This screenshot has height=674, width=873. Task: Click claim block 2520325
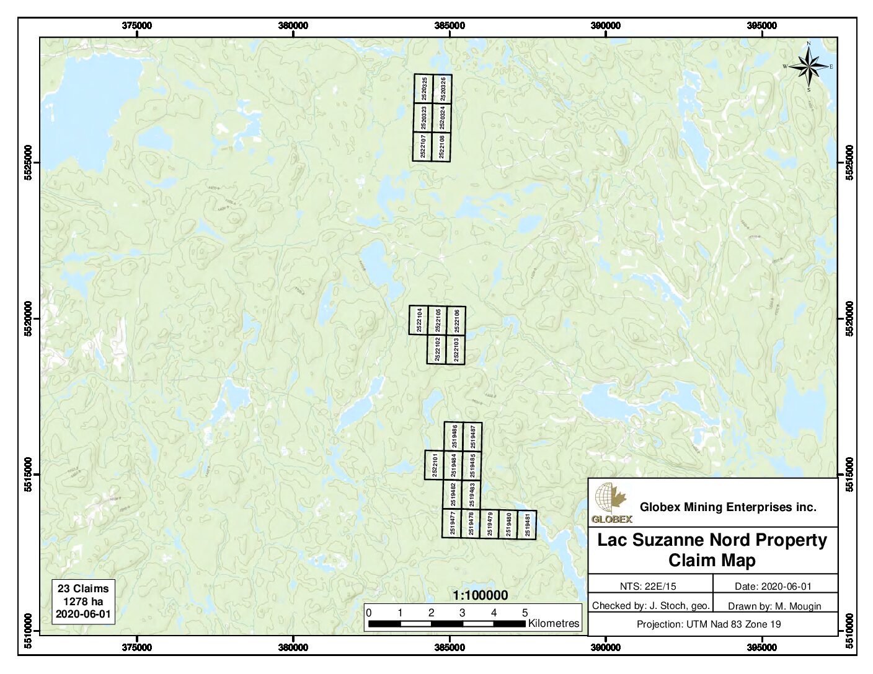[x=424, y=89]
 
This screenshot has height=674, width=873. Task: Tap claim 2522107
[x=423, y=147]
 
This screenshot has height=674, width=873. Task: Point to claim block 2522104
[x=419, y=320]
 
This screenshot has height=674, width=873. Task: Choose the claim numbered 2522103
[x=456, y=350]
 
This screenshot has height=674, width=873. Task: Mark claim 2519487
[x=472, y=436]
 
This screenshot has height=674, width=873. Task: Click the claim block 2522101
[x=435, y=465]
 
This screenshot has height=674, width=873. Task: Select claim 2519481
[x=527, y=525]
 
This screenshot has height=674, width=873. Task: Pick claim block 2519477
[x=453, y=523]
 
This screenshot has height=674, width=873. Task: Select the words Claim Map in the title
[x=712, y=561]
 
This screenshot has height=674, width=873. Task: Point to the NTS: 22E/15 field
[x=649, y=586]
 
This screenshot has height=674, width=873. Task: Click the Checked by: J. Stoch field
[x=650, y=606]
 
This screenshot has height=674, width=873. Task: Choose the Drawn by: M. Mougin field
[x=774, y=606]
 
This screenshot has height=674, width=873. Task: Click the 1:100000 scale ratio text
[x=480, y=595]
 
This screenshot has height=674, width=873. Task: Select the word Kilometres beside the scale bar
[x=553, y=624]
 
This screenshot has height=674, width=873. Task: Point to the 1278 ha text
[x=83, y=601]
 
